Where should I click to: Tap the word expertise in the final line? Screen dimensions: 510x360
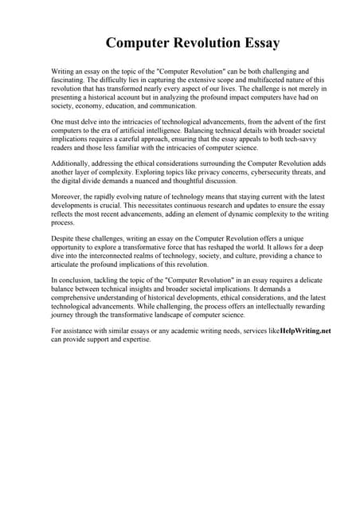(133, 339)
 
